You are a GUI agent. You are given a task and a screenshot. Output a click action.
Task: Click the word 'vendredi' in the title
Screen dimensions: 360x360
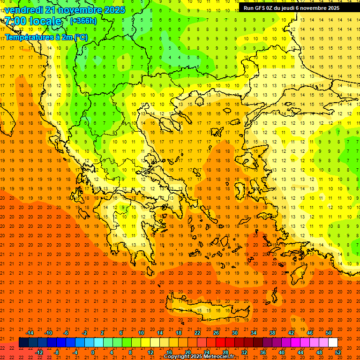point(24,10)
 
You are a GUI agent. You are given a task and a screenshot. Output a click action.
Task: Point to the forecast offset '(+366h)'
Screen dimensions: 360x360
point(83,21)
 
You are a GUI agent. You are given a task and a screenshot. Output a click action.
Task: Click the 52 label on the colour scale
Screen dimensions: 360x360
point(338,352)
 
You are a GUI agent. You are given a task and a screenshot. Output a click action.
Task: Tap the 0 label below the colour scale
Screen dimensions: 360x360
point(93,352)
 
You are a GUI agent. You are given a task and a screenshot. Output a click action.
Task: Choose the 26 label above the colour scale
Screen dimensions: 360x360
point(216,333)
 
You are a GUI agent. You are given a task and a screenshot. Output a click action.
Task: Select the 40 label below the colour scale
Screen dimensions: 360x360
point(282,352)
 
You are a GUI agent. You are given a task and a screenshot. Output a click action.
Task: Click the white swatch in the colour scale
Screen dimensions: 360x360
point(333,343)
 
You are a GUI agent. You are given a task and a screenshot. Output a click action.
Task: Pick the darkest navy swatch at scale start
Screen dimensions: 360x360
point(23,343)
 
